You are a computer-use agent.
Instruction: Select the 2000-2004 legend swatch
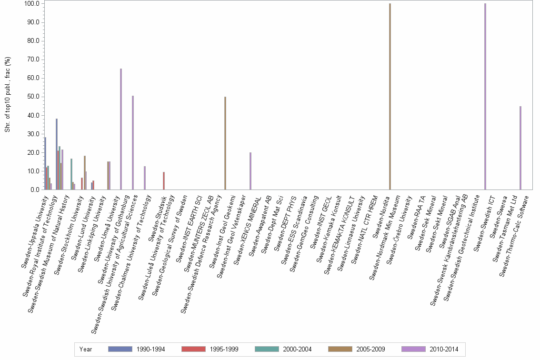coord(268,349)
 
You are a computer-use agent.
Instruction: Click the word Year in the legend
coord(86,349)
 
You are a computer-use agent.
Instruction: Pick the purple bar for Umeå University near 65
coord(121,129)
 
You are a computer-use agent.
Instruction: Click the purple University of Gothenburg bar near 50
coord(133,143)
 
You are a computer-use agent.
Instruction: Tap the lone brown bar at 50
coord(225,143)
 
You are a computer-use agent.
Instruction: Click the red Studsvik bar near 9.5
coord(164,181)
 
